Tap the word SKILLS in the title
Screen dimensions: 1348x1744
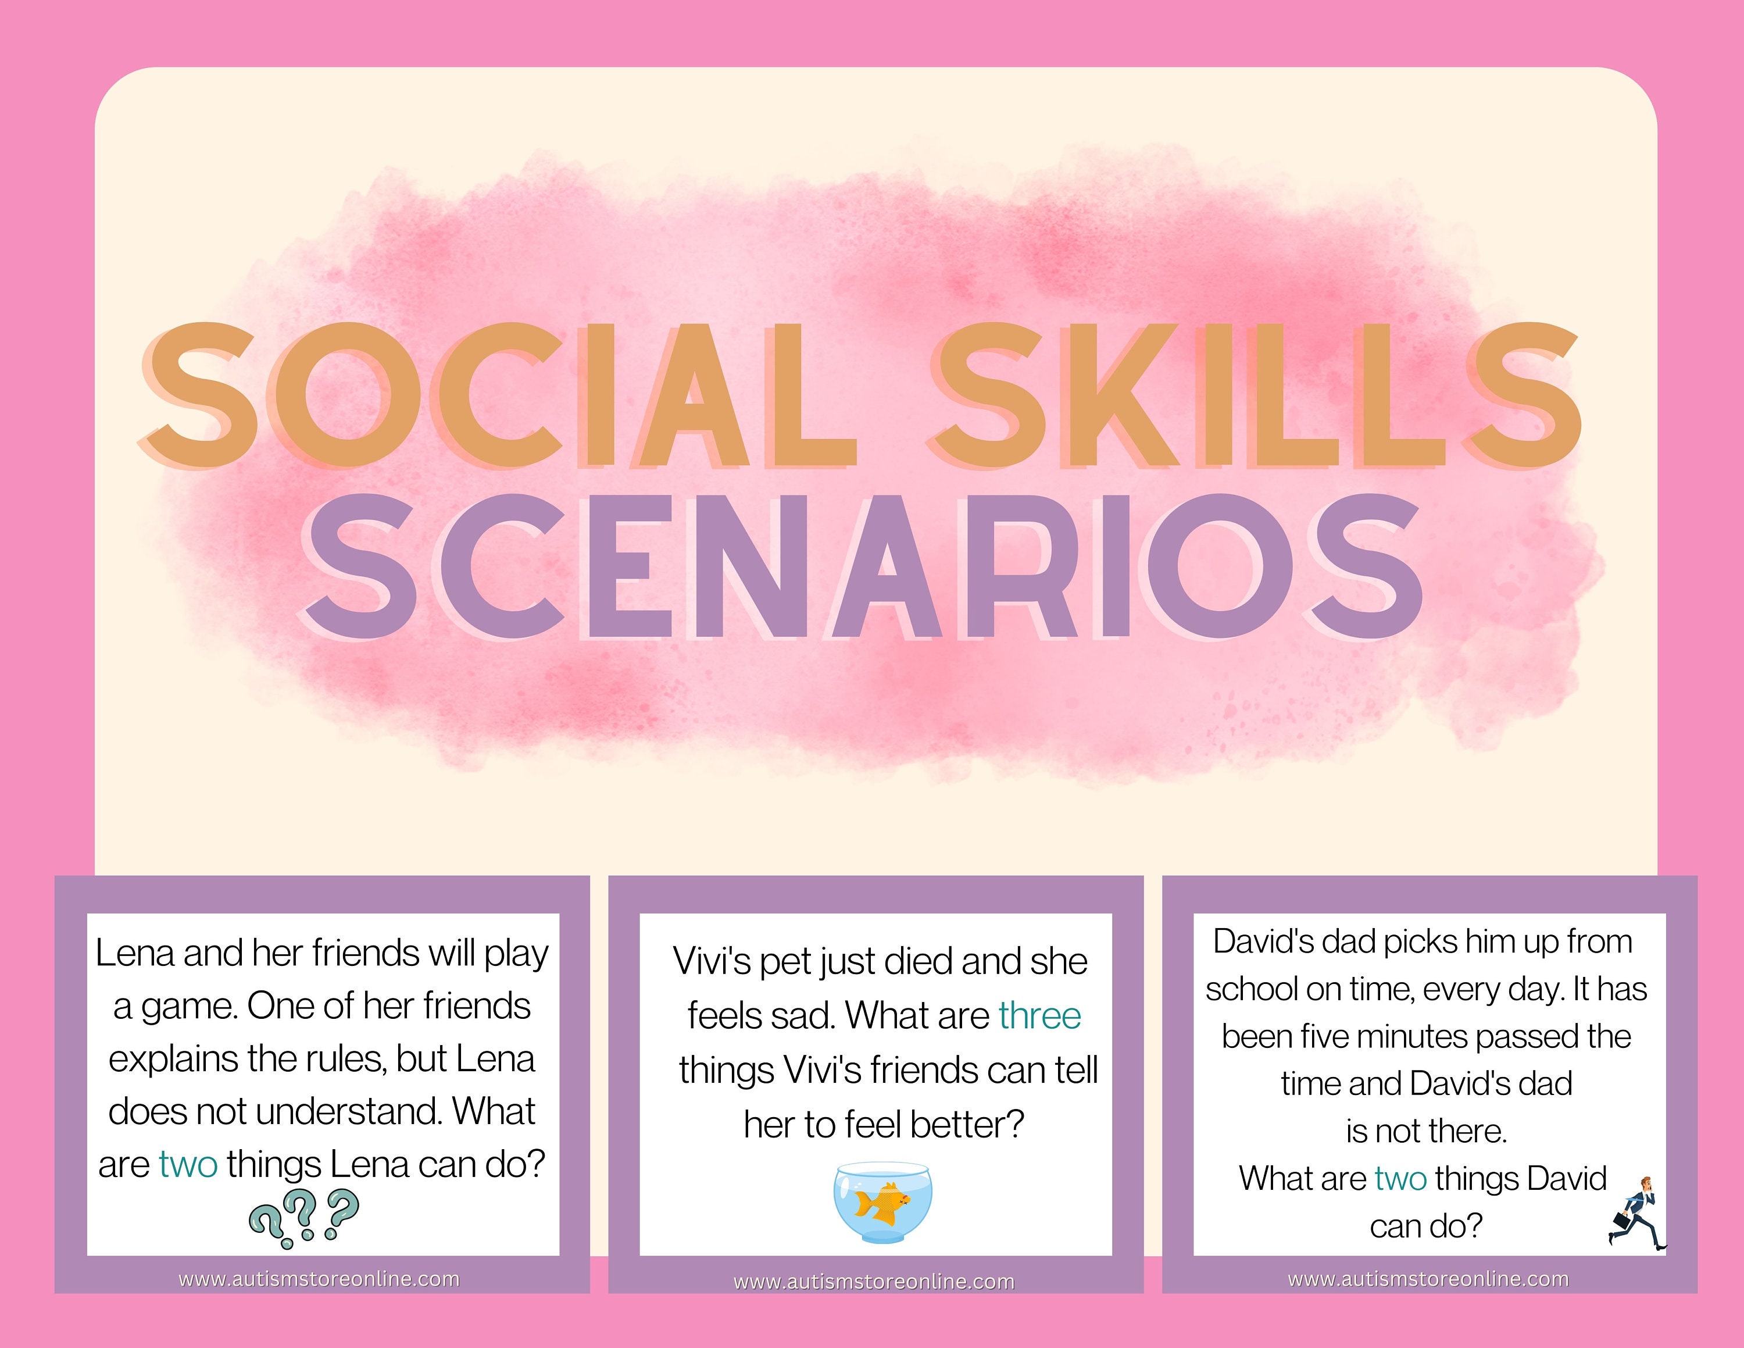(x=1257, y=395)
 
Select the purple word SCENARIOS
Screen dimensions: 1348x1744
(x=863, y=567)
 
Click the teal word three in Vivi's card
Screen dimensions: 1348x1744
(x=1039, y=1016)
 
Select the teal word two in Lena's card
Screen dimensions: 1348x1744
(x=188, y=1164)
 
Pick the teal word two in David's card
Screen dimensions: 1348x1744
(x=1400, y=1179)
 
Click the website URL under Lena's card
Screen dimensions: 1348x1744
(x=319, y=1279)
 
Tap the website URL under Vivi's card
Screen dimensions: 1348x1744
(x=874, y=1282)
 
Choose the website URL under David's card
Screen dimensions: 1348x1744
(x=1428, y=1279)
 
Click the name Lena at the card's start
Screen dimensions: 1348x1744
(x=134, y=953)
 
